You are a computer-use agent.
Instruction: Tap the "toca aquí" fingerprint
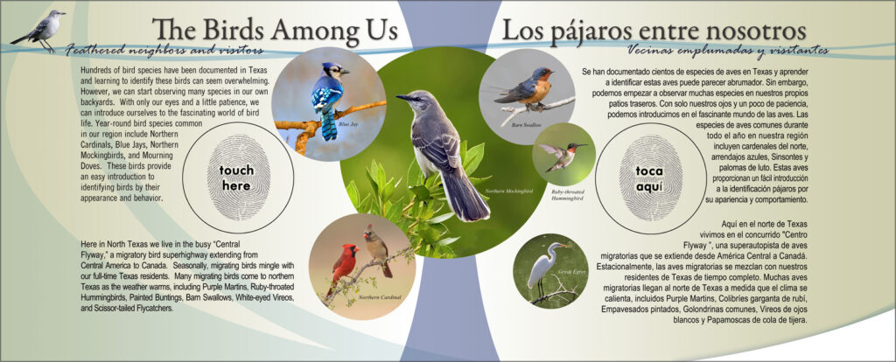pyautogui.click(x=650, y=178)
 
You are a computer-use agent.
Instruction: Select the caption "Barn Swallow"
pyautogui.click(x=526, y=124)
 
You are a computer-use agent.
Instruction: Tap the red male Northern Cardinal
pyautogui.click(x=343, y=268)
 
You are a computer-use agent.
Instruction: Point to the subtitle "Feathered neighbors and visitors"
pyautogui.click(x=164, y=50)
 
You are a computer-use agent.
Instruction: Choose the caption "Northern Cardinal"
pyautogui.click(x=380, y=297)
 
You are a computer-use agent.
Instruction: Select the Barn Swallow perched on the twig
pyautogui.click(x=526, y=87)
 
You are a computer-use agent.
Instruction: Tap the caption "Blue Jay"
pyautogui.click(x=348, y=124)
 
